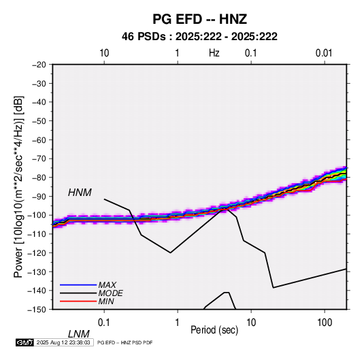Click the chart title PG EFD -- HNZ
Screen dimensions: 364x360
199,19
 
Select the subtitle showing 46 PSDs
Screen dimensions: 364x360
199,37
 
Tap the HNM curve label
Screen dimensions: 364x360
80,193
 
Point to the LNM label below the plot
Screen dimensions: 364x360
79,334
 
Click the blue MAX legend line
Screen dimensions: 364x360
78,284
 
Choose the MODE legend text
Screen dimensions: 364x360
110,293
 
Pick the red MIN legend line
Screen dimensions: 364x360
78,301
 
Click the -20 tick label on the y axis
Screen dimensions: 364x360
39,65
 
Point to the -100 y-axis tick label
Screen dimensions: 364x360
37,215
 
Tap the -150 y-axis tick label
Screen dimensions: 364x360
37,310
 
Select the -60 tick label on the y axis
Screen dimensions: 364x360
39,140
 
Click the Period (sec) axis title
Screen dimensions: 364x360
214,330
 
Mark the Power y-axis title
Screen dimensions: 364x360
18,187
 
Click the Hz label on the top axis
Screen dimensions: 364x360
214,53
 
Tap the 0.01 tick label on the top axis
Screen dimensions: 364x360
324,53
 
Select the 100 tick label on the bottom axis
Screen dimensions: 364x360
325,323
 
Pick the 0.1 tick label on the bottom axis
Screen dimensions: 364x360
104,323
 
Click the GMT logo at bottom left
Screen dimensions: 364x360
24,342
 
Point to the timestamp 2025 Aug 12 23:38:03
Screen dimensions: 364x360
63,342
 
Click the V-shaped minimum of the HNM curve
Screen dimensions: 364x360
170,252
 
